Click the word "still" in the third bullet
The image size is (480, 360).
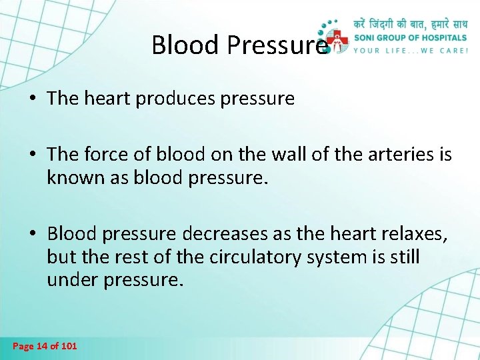[402, 257]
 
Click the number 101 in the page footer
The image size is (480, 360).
[68, 346]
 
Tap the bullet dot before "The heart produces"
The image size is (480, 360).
[33, 100]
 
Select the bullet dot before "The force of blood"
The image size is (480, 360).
[33, 156]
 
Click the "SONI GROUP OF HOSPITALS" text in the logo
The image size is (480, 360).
[410, 37]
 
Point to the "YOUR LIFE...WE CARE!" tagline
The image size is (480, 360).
[410, 51]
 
